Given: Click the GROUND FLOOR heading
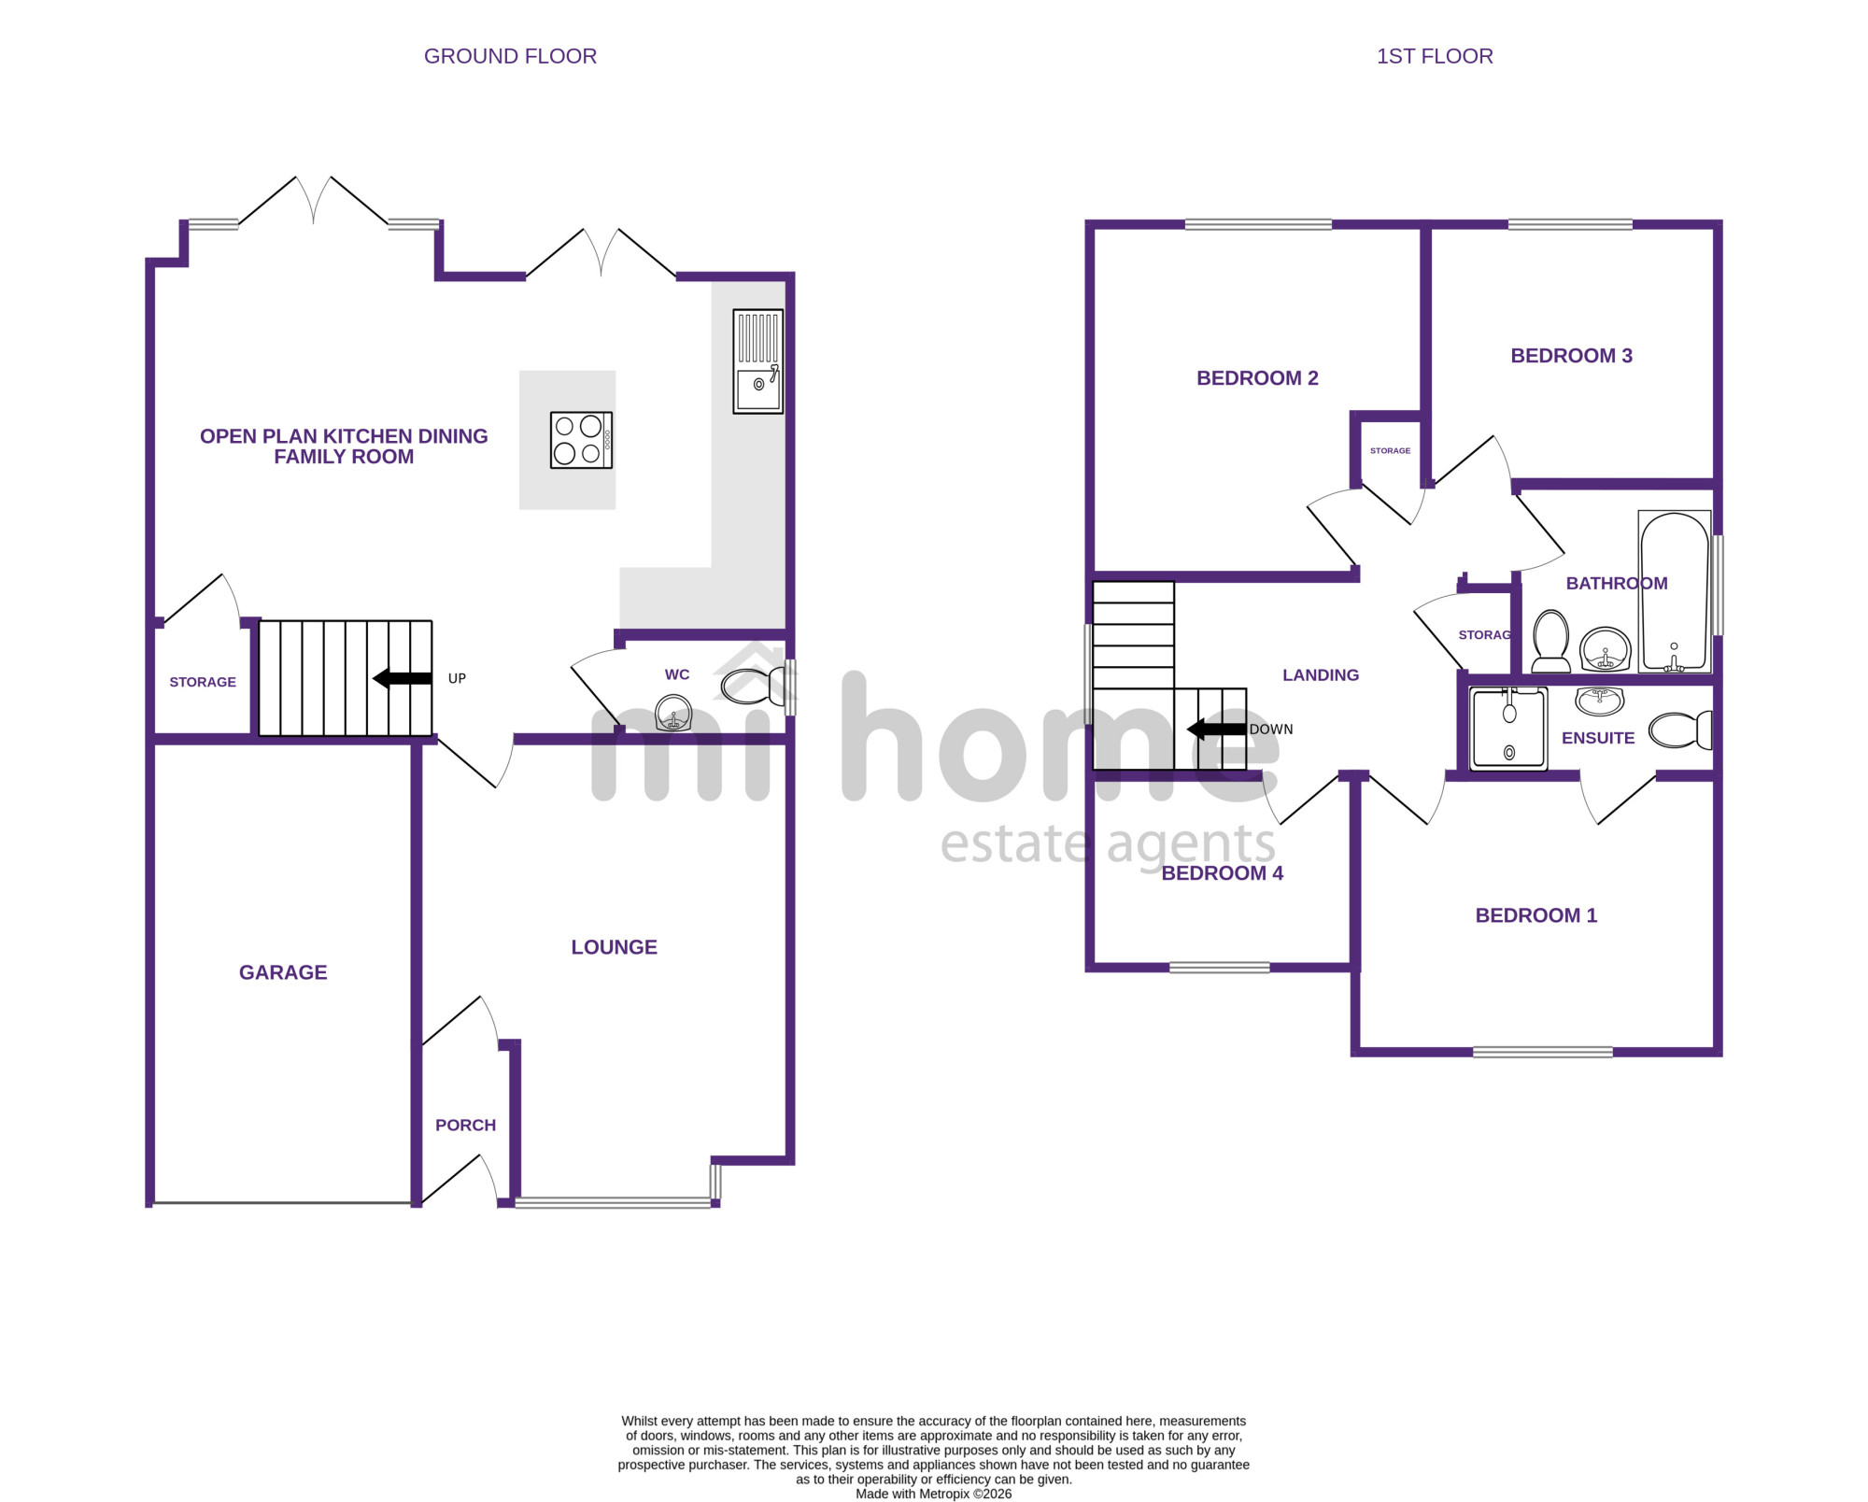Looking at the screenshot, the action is (x=510, y=56).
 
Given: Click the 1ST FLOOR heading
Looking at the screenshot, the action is (x=1435, y=56).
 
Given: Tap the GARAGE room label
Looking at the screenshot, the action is (x=283, y=972).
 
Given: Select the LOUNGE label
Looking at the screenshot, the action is (x=614, y=947).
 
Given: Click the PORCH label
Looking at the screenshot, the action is (x=465, y=1126).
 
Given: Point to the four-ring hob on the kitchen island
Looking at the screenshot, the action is (x=581, y=440).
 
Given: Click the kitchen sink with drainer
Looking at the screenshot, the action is (x=758, y=361).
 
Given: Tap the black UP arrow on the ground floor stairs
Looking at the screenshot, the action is (x=403, y=679).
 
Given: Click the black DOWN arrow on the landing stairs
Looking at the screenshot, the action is (x=1216, y=730).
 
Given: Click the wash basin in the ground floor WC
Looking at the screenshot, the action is (x=673, y=713).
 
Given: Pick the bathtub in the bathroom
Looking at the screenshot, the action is (x=1675, y=591).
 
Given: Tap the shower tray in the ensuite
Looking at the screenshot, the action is (x=1508, y=729).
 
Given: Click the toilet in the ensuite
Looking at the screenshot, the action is (x=1680, y=730).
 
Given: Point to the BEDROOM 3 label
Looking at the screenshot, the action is (x=1571, y=356).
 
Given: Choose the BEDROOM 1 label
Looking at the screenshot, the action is (x=1535, y=915).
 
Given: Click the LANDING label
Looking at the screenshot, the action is (x=1321, y=675).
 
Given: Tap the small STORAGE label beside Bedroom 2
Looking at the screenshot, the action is (x=1390, y=450).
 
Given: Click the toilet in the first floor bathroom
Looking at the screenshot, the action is (x=1551, y=641).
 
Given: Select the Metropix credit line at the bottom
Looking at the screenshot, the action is (x=934, y=1494).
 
